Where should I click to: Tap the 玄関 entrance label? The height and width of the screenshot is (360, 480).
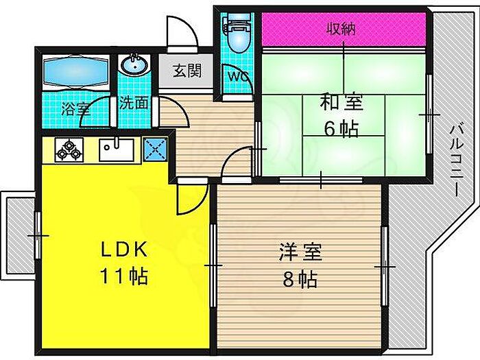coord(186,71)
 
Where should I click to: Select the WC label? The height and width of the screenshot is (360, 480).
coord(237,74)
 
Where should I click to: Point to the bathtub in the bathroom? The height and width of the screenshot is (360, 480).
coord(75,70)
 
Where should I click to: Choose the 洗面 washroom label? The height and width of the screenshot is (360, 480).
coord(134,103)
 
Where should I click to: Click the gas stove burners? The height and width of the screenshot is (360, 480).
coord(69,149)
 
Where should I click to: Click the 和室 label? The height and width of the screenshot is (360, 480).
coord(340,103)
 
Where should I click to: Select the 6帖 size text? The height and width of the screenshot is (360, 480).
coord(340,129)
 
